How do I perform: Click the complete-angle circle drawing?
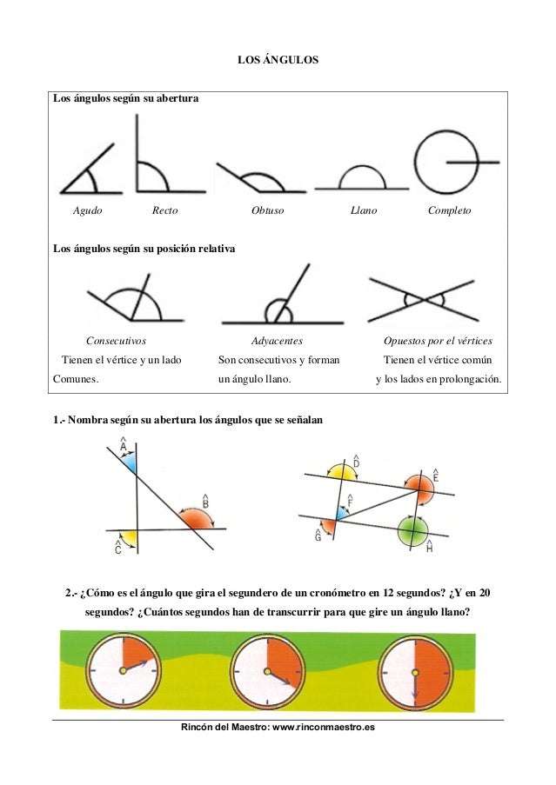coord(445,163)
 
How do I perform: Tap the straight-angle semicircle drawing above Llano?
coord(361,177)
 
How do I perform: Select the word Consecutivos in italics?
coord(116,342)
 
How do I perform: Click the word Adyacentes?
coord(277,342)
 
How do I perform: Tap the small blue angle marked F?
coord(342,513)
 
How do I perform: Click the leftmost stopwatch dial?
coord(123,669)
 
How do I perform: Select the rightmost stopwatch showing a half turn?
coord(415,669)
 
